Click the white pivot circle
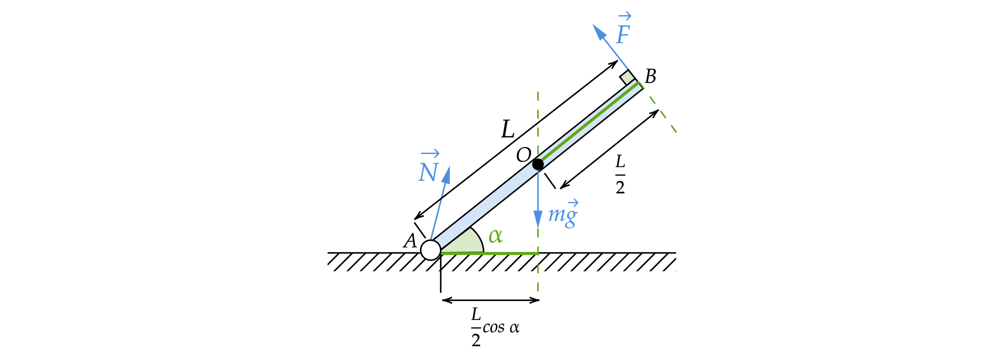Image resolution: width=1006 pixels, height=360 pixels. click(x=431, y=250)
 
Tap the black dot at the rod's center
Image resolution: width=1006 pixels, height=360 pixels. click(x=538, y=164)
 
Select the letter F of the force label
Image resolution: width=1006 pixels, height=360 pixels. click(x=623, y=35)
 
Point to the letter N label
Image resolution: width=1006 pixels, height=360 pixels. click(x=428, y=172)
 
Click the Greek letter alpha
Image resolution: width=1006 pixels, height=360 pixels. click(x=495, y=236)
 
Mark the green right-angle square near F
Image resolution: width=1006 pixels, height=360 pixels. click(x=627, y=77)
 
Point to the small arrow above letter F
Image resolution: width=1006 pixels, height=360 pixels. click(x=625, y=16)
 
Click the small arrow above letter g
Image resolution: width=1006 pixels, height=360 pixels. click(x=573, y=203)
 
